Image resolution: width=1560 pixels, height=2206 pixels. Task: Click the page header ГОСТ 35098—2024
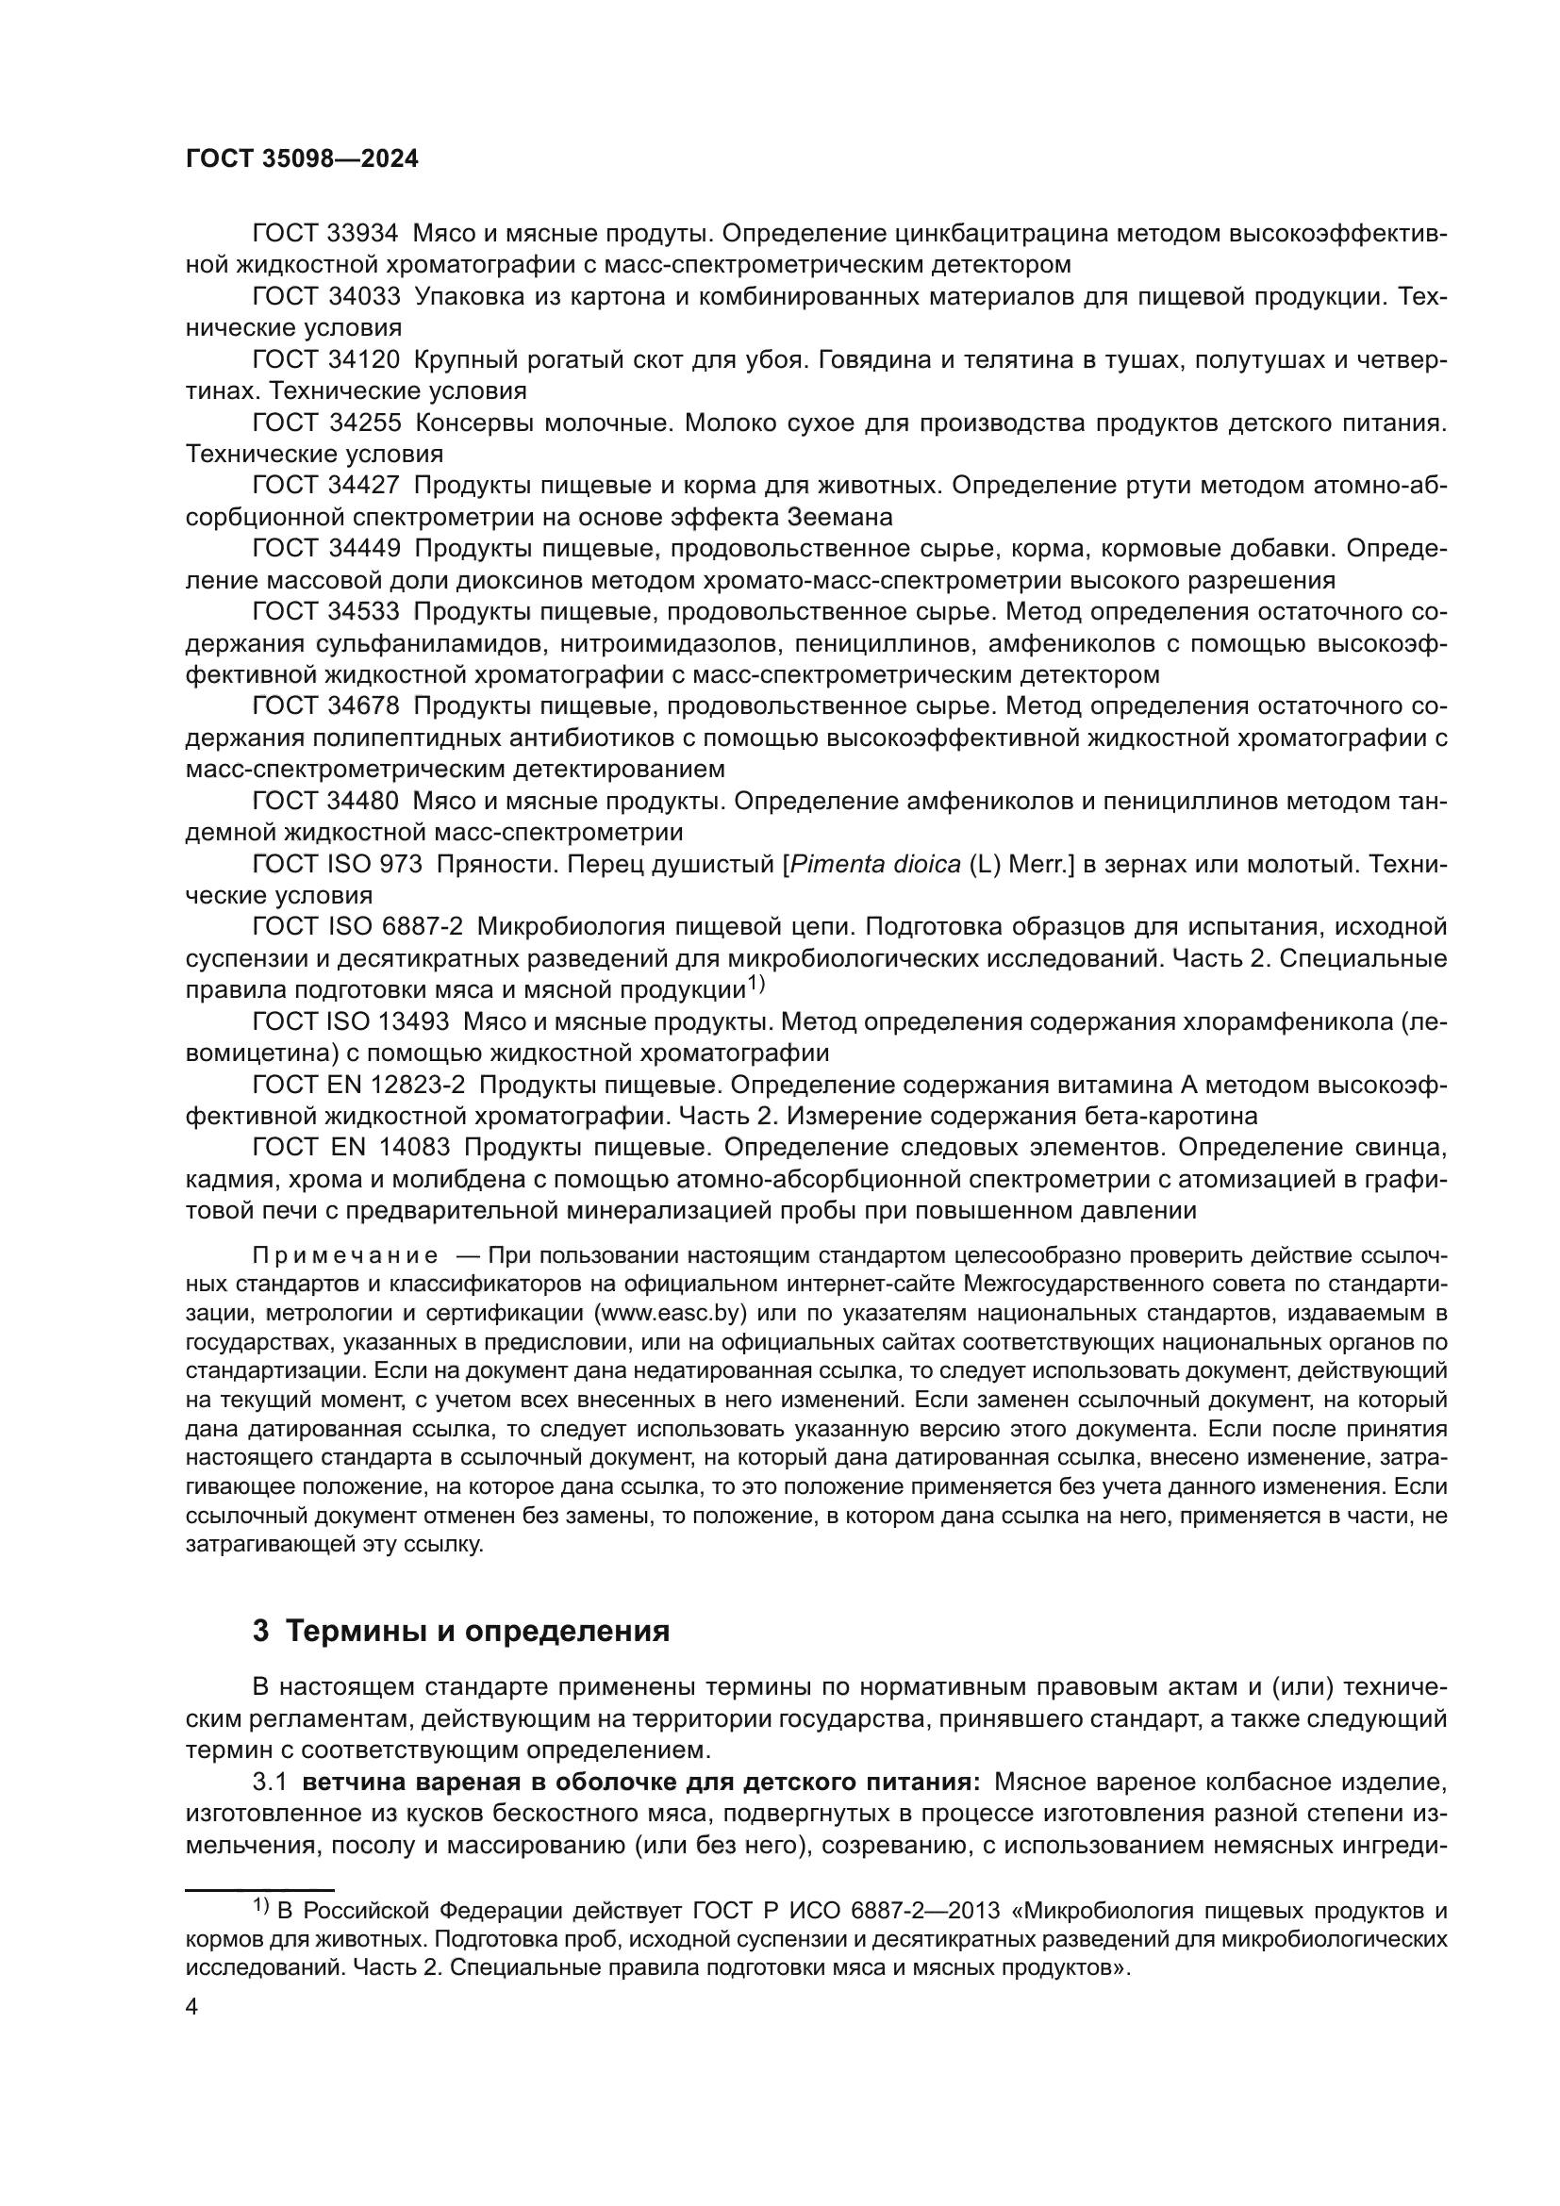(x=302, y=159)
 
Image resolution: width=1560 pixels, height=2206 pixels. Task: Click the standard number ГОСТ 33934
(x=325, y=234)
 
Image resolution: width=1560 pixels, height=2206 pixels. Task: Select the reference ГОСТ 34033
(x=325, y=297)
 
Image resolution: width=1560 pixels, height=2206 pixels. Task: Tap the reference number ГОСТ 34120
(x=325, y=360)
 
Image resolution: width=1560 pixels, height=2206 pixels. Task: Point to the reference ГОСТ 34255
(x=325, y=423)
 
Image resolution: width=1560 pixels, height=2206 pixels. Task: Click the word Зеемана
(x=839, y=517)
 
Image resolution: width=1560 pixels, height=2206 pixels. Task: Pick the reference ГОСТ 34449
(x=325, y=549)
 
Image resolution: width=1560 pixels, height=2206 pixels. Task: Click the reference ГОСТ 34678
(x=325, y=706)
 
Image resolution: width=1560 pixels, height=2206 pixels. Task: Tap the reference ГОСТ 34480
(x=325, y=802)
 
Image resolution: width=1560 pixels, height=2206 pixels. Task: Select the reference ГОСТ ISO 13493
(x=350, y=1021)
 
